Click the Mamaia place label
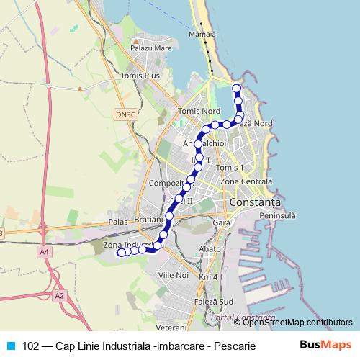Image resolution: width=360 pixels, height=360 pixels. tap(204, 34)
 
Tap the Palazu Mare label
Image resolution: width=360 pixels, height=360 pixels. tap(150, 49)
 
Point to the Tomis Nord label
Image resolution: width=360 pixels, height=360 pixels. tap(199, 112)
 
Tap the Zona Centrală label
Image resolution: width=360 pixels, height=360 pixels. tap(247, 181)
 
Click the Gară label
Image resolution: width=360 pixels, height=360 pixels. tap(221, 224)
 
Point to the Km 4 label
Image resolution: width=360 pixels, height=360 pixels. tap(208, 277)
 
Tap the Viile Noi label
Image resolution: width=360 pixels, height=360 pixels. tap(173, 276)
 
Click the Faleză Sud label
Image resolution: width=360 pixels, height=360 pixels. tap(213, 300)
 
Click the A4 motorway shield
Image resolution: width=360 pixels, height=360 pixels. tap(45, 251)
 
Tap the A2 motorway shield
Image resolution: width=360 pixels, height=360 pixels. tap(58, 295)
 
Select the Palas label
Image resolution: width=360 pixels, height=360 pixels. tap(117, 222)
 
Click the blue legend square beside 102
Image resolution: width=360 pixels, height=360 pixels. tap(9, 345)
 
